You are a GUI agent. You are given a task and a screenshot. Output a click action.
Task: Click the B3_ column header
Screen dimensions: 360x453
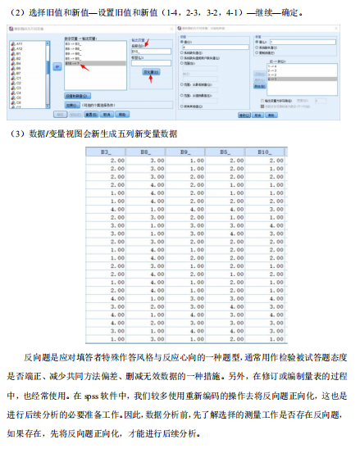107,151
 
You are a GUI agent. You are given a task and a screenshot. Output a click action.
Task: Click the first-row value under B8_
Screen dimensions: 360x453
153,160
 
